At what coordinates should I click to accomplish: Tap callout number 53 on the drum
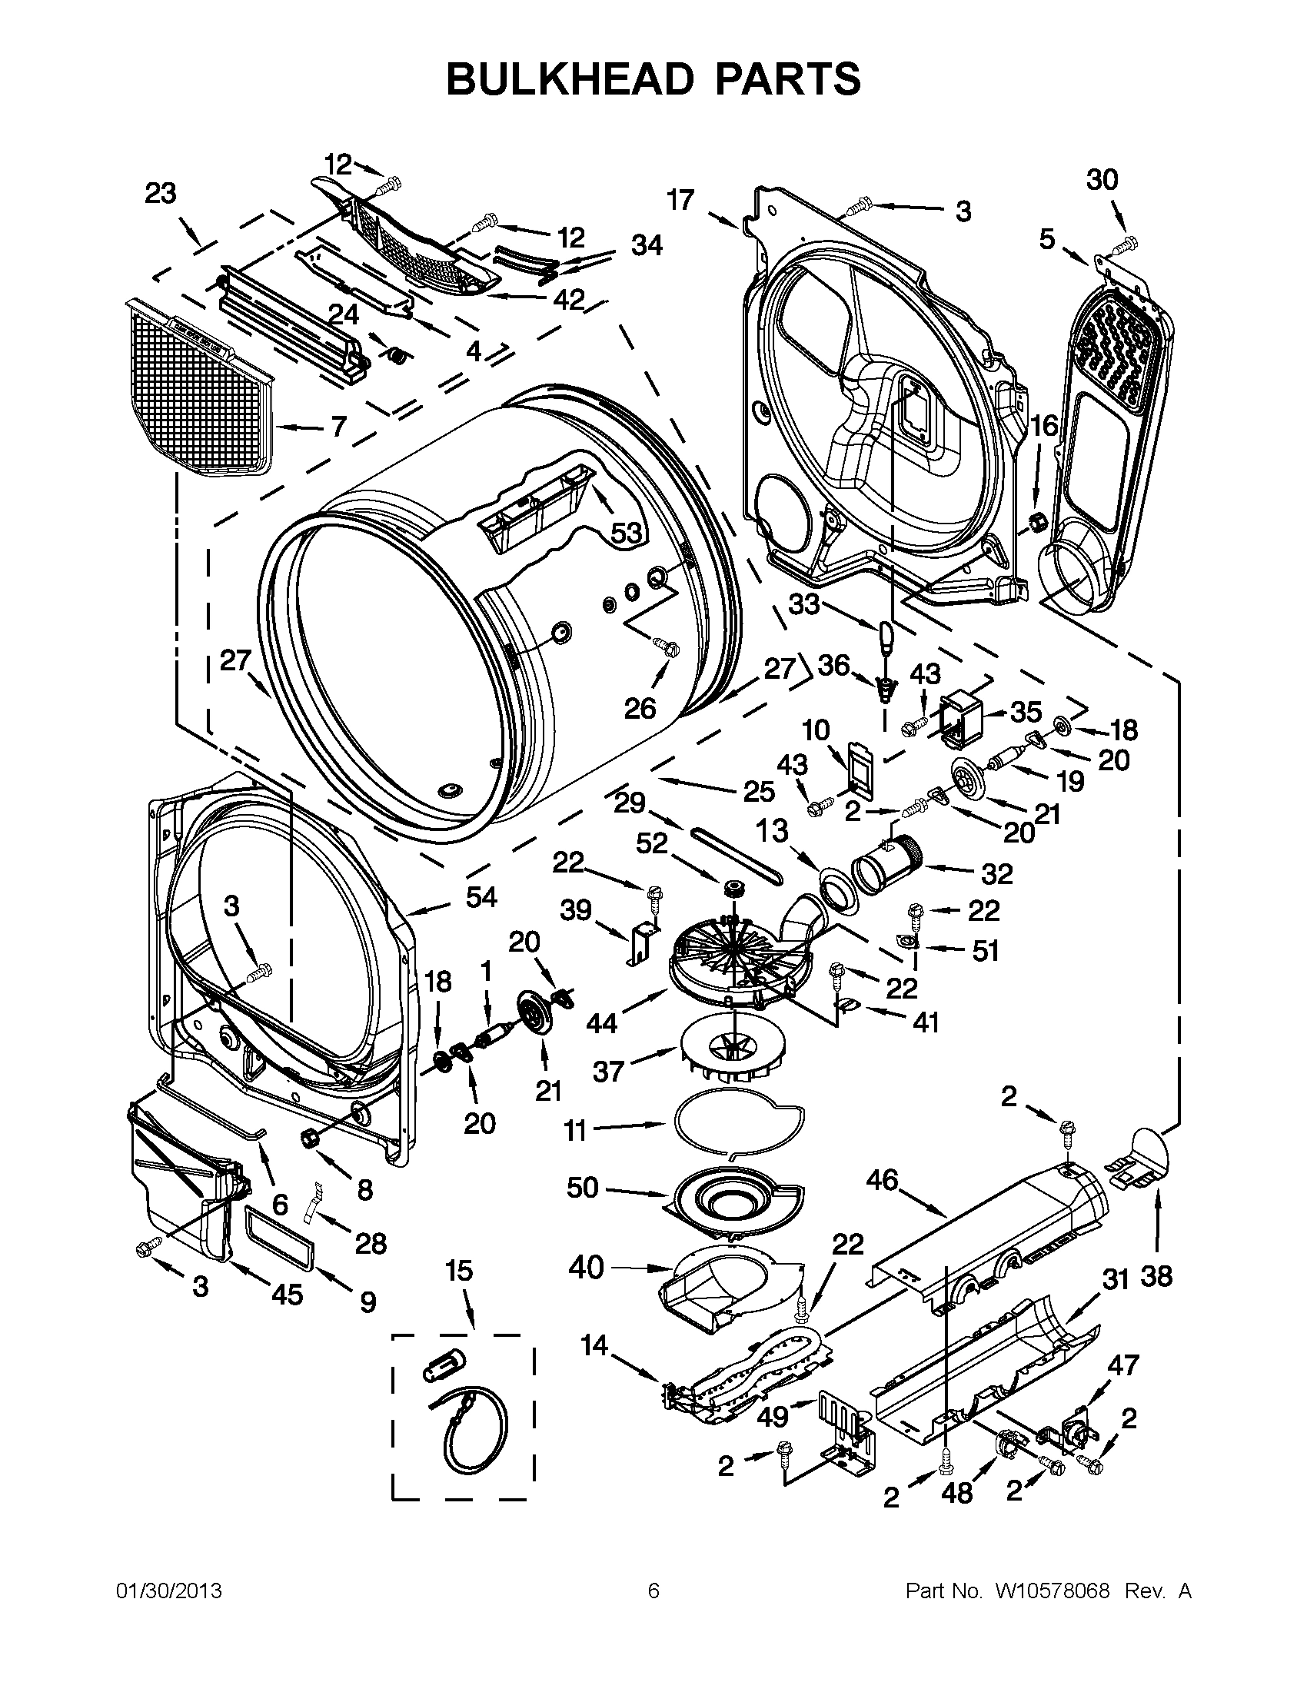point(626,533)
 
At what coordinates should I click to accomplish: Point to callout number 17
point(680,201)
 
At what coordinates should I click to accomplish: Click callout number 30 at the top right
point(1102,180)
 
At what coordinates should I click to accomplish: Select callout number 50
point(582,1187)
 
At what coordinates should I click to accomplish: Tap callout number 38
point(1156,1276)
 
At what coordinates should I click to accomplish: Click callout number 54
point(481,897)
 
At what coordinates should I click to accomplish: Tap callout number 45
point(287,1294)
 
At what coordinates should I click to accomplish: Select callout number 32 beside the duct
point(996,873)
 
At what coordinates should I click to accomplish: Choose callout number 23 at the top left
point(161,194)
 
